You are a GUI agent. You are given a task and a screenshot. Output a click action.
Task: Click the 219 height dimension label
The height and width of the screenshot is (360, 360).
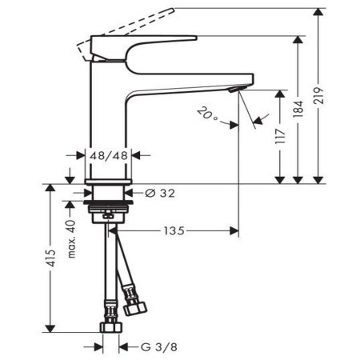pyautogui.click(x=318, y=95)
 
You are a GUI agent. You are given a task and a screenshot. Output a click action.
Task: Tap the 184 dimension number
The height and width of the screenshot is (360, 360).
pyautogui.click(x=298, y=109)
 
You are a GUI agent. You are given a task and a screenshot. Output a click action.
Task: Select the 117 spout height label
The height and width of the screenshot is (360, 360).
pyautogui.click(x=280, y=136)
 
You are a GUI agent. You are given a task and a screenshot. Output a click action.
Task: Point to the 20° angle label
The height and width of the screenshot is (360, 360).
pyautogui.click(x=208, y=114)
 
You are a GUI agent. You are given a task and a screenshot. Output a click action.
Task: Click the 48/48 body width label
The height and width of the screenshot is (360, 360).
pyautogui.click(x=109, y=155)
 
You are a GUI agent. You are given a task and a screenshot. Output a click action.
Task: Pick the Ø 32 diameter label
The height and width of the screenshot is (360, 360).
pyautogui.click(x=160, y=193)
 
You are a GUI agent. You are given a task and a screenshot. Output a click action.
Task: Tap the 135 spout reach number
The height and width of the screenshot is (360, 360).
pyautogui.click(x=174, y=231)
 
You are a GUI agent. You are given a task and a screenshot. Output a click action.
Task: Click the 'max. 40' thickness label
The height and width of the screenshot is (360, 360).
pyautogui.click(x=71, y=239)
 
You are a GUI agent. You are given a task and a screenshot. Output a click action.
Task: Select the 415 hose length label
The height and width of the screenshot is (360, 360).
pyautogui.click(x=50, y=258)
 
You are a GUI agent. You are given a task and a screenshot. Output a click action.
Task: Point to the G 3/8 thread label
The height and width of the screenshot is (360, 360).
pyautogui.click(x=159, y=347)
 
